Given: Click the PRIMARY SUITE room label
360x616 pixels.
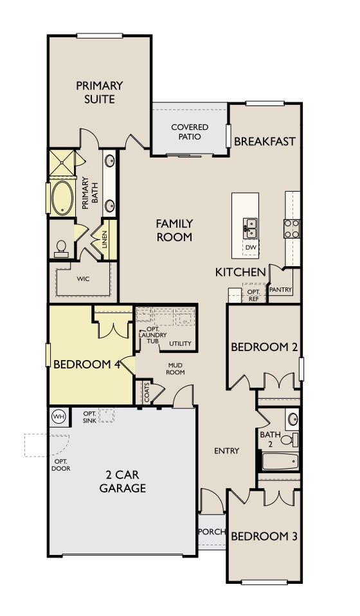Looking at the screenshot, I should pyautogui.click(x=99, y=92).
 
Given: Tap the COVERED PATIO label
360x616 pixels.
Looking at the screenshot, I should pyautogui.click(x=190, y=132).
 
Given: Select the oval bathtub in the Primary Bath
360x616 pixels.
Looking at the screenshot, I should pyautogui.click(x=64, y=197).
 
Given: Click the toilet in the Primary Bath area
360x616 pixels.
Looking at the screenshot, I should pyautogui.click(x=62, y=248).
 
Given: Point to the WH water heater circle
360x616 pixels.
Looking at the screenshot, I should pyautogui.click(x=59, y=416).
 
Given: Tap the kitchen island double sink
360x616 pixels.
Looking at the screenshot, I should pyautogui.click(x=250, y=227).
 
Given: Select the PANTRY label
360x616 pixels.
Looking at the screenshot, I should pyautogui.click(x=280, y=290).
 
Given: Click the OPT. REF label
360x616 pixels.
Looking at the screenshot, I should pyautogui.click(x=253, y=294).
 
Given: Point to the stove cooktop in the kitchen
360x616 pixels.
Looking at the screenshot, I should pyautogui.click(x=292, y=228).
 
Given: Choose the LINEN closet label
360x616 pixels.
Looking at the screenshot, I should pyautogui.click(x=104, y=239).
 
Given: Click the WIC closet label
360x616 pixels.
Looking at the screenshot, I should pyautogui.click(x=82, y=279).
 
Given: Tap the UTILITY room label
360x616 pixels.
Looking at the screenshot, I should pyautogui.click(x=180, y=343).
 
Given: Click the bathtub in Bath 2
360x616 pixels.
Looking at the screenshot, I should pyautogui.click(x=280, y=462).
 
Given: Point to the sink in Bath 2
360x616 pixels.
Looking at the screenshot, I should pyautogui.click(x=292, y=419).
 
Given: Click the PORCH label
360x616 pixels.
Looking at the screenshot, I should pyautogui.click(x=210, y=531).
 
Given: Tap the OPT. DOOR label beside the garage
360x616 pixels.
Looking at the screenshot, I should pyautogui.click(x=62, y=465).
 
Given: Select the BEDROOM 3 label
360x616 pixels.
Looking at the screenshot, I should pyautogui.click(x=264, y=536).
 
